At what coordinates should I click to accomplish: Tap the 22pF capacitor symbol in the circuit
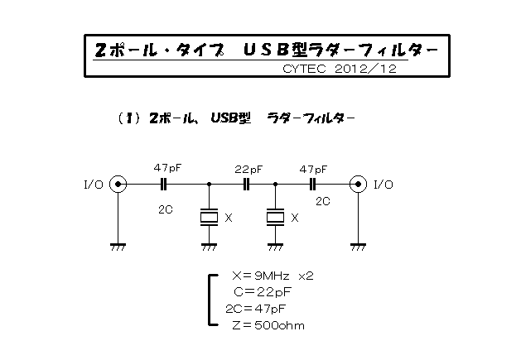[x=246, y=184]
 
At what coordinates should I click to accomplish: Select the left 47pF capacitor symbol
[x=163, y=184]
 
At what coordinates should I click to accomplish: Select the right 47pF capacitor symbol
[x=312, y=184]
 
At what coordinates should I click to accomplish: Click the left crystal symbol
[x=209, y=218]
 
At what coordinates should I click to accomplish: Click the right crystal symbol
[x=275, y=218]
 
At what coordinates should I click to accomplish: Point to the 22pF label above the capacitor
[x=248, y=170]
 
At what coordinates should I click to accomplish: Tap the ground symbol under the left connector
[x=118, y=247]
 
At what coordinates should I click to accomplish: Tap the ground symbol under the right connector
[x=358, y=247]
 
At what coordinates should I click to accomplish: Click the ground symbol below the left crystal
[x=209, y=247]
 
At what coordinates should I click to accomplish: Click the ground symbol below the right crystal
[x=275, y=247]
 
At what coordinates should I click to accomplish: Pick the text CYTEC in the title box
[x=304, y=69]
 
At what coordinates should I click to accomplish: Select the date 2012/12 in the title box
[x=366, y=69]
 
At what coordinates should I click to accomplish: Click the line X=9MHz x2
[x=273, y=276]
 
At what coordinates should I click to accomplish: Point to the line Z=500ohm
[x=268, y=325]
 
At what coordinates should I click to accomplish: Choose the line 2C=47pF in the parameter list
[x=255, y=309]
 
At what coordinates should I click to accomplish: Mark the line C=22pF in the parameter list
[x=263, y=292]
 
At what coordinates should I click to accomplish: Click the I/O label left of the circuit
[x=94, y=185]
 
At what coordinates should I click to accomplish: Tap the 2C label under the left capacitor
[x=166, y=209]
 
